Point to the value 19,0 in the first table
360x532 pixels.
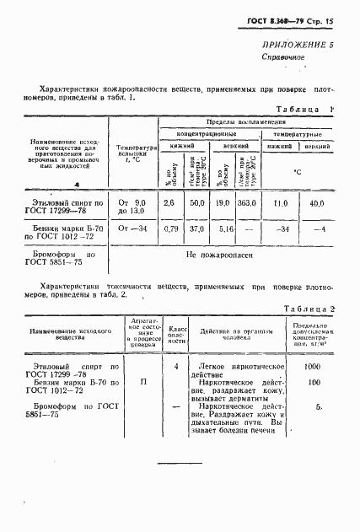click(x=223, y=203)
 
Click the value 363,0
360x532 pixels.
click(x=247, y=203)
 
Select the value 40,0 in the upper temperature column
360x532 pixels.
click(x=317, y=203)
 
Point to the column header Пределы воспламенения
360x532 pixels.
click(x=244, y=122)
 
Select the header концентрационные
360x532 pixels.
click(x=210, y=134)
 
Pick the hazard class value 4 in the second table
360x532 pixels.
click(x=175, y=368)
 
